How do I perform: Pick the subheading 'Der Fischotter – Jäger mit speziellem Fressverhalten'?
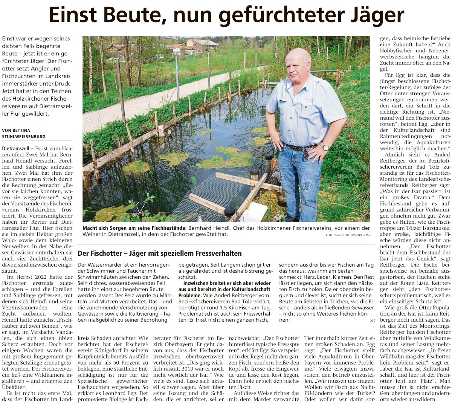coord(160,253)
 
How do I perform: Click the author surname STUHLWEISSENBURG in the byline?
coord(24,137)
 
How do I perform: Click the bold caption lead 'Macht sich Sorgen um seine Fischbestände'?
coord(135,228)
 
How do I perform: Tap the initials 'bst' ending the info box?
coord(372,320)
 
